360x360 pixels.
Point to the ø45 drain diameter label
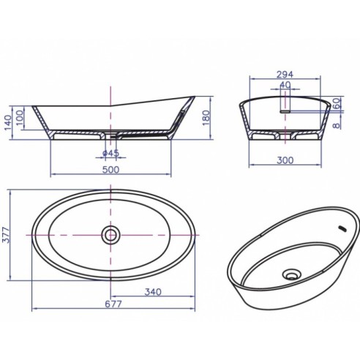[110, 154]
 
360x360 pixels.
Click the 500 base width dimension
[110, 170]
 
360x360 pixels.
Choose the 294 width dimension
[285, 74]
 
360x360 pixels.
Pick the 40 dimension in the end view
[285, 85]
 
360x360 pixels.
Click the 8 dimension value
[337, 125]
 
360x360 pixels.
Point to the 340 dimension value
[153, 292]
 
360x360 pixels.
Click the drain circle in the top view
[110, 234]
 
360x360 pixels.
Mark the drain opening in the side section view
[110, 135]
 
